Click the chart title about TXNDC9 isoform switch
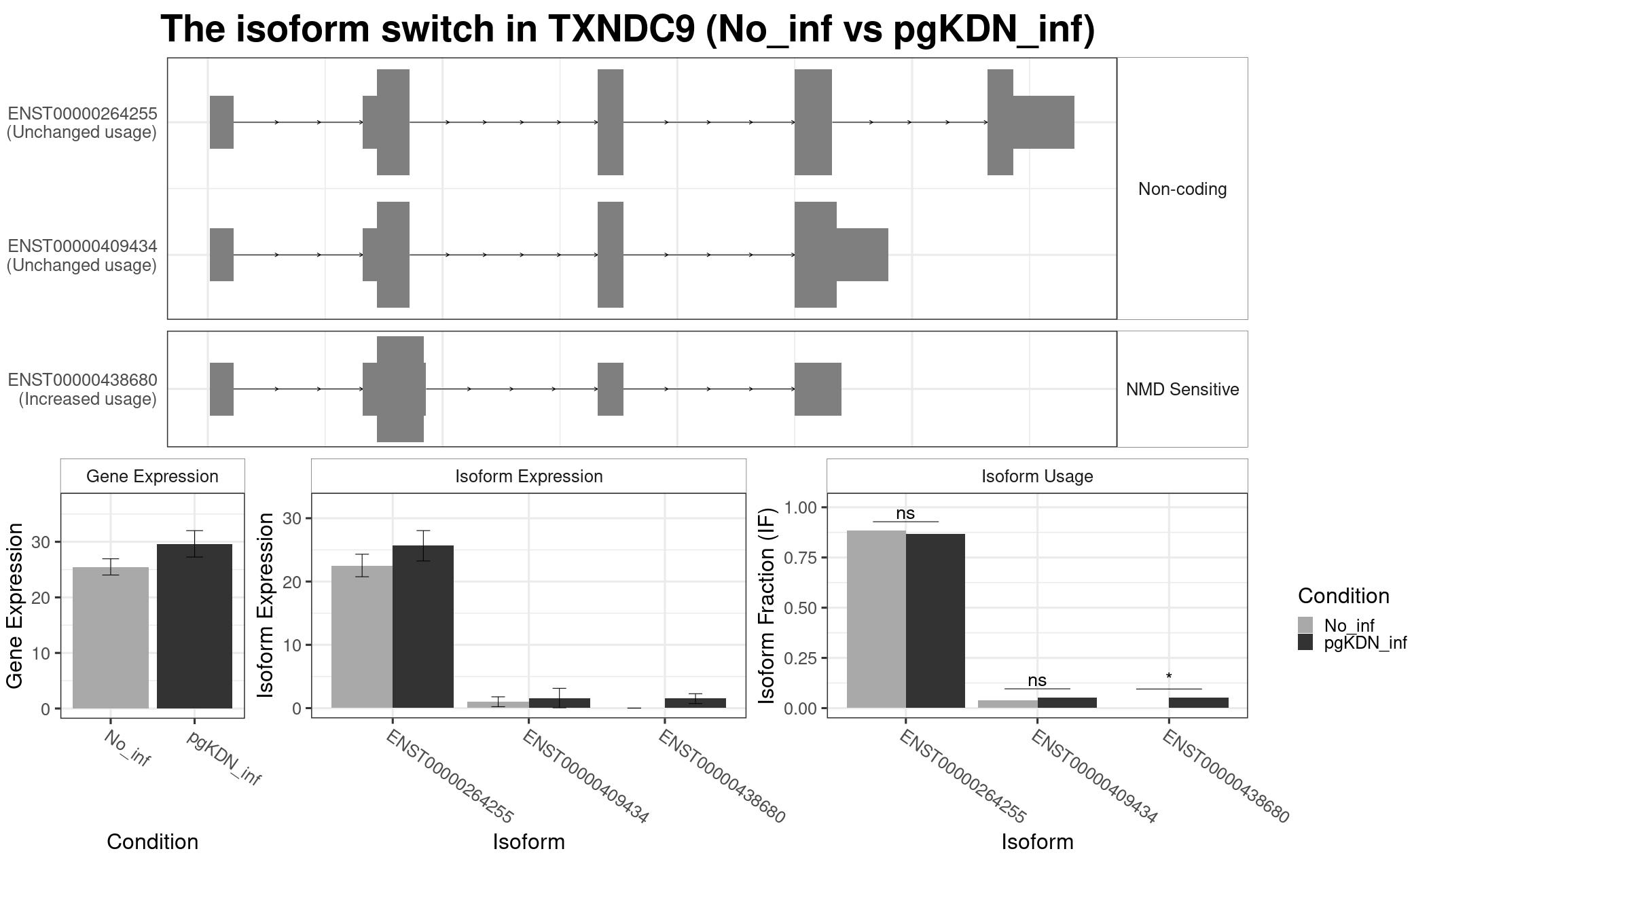pyautogui.click(x=628, y=30)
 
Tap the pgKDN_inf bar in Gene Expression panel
pyautogui.click(x=194, y=626)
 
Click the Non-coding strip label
pyautogui.click(x=1182, y=189)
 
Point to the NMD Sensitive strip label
pyautogui.click(x=1182, y=389)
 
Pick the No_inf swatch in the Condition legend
pyautogui.click(x=1305, y=625)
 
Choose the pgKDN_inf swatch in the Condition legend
pyautogui.click(x=1305, y=643)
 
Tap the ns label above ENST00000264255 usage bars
pyautogui.click(x=905, y=514)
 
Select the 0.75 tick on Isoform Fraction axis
pyautogui.click(x=800, y=558)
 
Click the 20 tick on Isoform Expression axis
pyautogui.click(x=293, y=581)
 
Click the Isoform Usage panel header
pyautogui.click(x=1037, y=476)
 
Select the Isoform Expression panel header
pyautogui.click(x=528, y=476)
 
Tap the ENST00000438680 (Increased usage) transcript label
pyautogui.click(x=82, y=389)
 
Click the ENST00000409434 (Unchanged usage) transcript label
pyautogui.click(x=82, y=255)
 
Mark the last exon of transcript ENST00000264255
pyautogui.click(x=1030, y=122)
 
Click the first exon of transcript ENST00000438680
pyautogui.click(x=221, y=389)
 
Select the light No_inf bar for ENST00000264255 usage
pyautogui.click(x=876, y=619)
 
